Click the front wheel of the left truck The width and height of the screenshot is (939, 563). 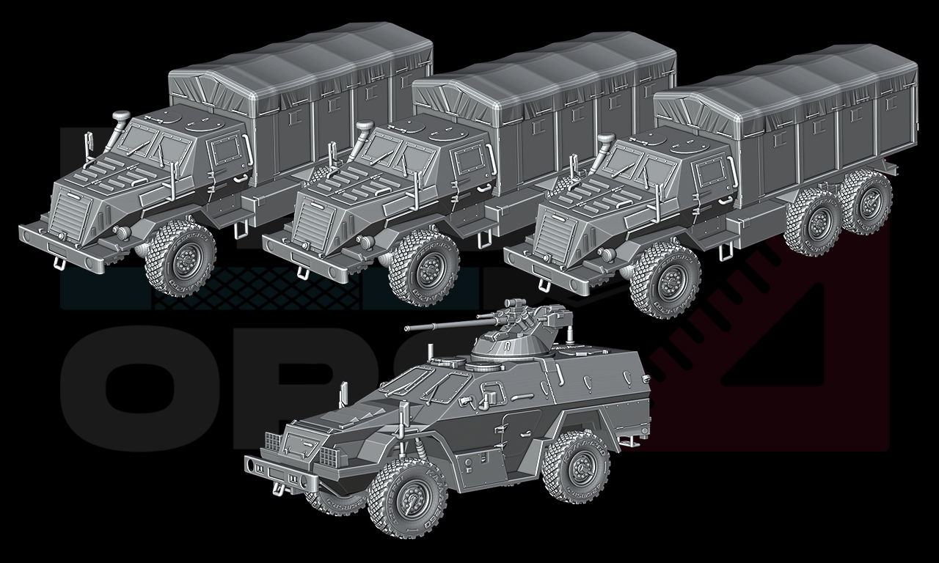(180, 258)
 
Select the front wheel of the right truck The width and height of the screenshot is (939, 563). (667, 281)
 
